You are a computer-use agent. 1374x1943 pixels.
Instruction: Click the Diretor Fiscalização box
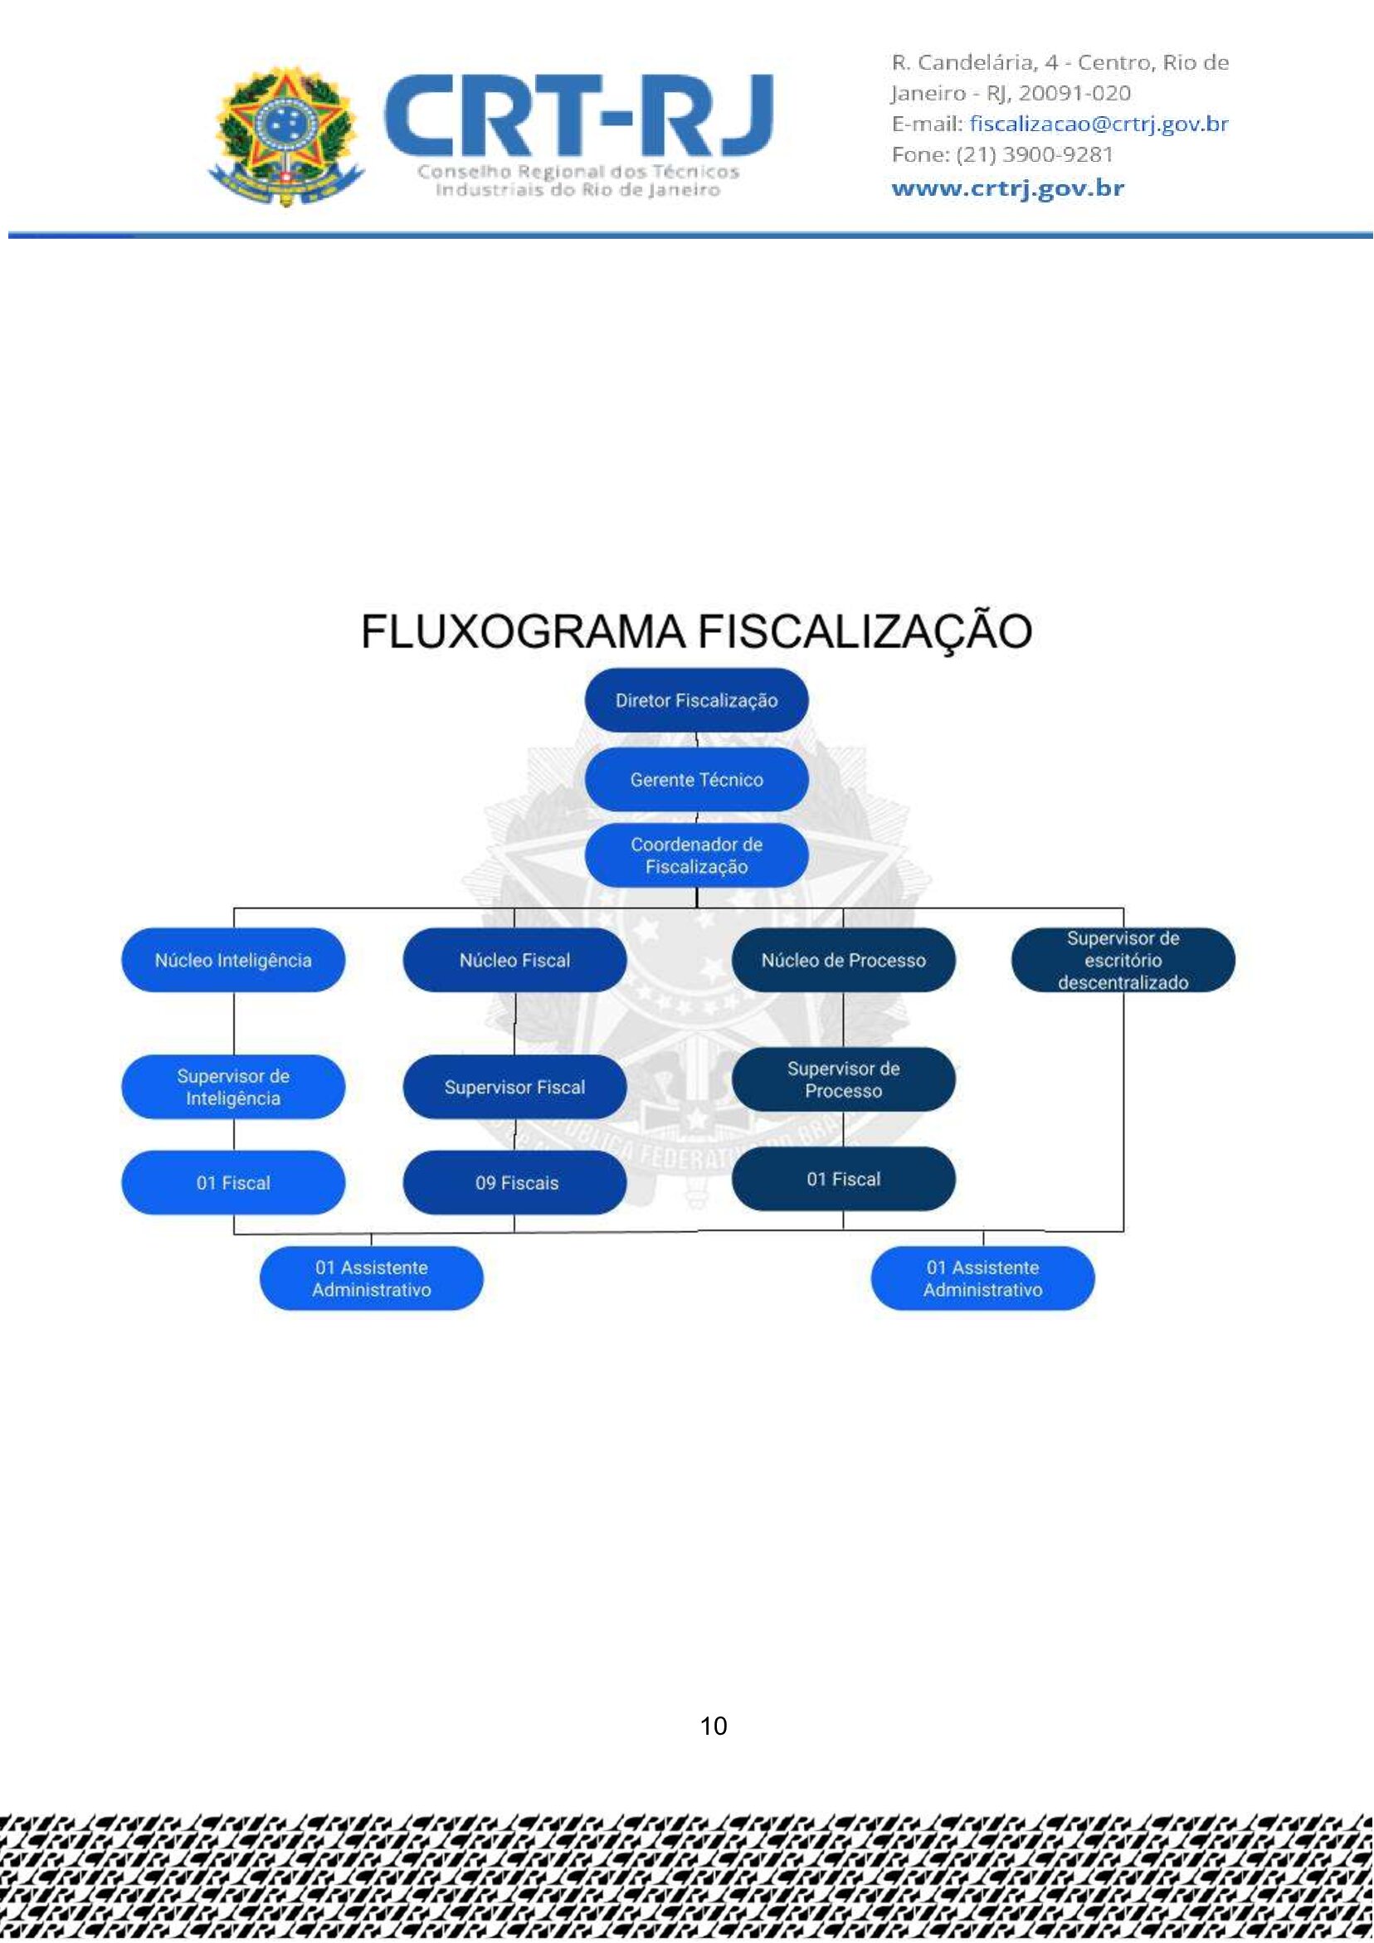[x=696, y=700]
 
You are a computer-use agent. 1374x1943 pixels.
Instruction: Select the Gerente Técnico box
[x=696, y=778]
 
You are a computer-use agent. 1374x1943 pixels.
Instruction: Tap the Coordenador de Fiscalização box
[x=696, y=855]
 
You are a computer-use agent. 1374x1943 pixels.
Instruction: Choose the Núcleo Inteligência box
[x=233, y=960]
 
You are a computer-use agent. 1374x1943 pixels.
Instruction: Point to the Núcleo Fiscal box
[x=514, y=960]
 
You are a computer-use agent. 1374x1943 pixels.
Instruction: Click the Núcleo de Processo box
[x=842, y=960]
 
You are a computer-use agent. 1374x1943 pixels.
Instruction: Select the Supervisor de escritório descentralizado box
[x=1122, y=960]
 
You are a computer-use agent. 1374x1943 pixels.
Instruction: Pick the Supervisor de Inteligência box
[x=233, y=1087]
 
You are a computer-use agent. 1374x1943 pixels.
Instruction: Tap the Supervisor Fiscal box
[x=514, y=1087]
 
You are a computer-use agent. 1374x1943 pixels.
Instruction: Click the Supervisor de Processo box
[x=842, y=1079]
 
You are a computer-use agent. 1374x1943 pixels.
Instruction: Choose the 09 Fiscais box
[x=514, y=1182]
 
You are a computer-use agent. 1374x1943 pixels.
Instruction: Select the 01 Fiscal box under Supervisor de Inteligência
[x=233, y=1182]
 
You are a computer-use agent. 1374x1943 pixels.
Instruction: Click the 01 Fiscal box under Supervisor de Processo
[x=842, y=1178]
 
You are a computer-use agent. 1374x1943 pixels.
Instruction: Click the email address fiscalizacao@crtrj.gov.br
[x=1098, y=124]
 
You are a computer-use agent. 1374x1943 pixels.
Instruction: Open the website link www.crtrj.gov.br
[x=1007, y=187]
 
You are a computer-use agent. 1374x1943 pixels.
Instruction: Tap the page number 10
[x=713, y=1726]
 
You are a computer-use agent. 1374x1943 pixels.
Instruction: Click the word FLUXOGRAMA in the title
[x=523, y=631]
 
